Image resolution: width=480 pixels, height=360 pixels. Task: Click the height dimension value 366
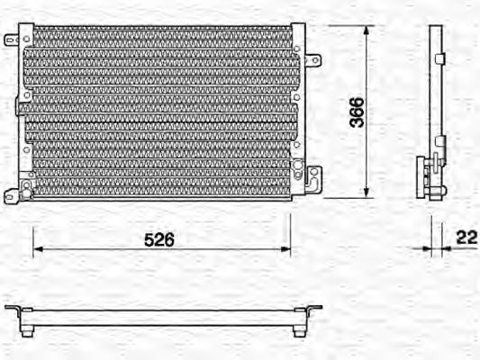(357, 112)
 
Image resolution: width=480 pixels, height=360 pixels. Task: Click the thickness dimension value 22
(466, 238)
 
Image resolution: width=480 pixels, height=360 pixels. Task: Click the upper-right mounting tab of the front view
(312, 61)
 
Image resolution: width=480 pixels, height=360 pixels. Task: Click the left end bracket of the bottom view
(15, 310)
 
